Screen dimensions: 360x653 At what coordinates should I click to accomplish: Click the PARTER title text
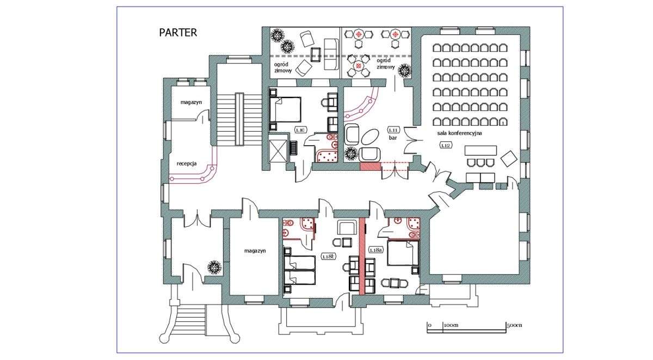pyautogui.click(x=178, y=33)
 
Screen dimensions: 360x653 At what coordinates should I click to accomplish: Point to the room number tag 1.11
pyautogui.click(x=393, y=129)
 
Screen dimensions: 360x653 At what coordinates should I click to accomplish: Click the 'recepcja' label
pyautogui.click(x=186, y=163)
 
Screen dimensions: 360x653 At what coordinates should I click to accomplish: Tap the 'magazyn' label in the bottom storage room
pyautogui.click(x=254, y=251)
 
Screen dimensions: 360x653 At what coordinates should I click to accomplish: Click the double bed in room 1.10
pyautogui.click(x=286, y=108)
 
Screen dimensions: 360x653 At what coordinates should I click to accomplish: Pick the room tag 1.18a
pyautogui.click(x=375, y=250)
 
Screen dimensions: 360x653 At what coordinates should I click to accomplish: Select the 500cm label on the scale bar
pyautogui.click(x=514, y=325)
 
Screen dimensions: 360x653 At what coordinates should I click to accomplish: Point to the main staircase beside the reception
pyautogui.click(x=238, y=118)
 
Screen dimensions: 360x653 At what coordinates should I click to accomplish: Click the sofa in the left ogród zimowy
pyautogui.click(x=331, y=54)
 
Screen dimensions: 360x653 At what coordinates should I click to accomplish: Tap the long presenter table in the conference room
pyautogui.click(x=481, y=150)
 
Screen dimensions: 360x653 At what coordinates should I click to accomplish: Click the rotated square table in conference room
pyautogui.click(x=509, y=159)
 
